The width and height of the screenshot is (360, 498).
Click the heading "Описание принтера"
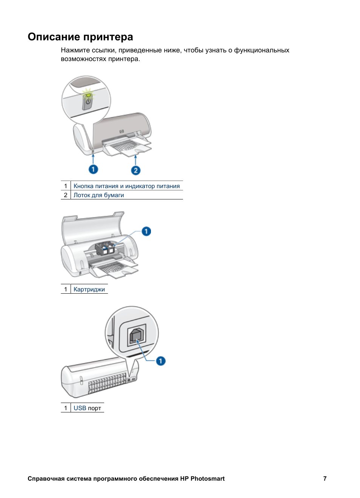click(80, 37)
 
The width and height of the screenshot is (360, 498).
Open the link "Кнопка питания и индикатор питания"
click(126, 186)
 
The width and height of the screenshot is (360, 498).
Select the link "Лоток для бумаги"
click(98, 195)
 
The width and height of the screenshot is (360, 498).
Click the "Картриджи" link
click(89, 290)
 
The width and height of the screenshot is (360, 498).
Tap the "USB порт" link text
click(87, 408)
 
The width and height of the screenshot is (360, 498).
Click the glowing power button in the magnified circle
click(88, 101)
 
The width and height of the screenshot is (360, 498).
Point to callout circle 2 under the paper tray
click(136, 170)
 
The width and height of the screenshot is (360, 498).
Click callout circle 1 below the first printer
click(93, 169)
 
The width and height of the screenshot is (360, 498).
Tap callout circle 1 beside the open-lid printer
click(146, 231)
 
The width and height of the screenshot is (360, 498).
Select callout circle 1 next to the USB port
click(161, 361)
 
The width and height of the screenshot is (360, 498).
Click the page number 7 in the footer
click(325, 479)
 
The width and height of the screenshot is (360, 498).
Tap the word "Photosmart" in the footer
click(208, 479)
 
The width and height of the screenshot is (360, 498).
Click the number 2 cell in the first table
click(66, 195)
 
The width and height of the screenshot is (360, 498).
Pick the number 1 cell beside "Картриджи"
click(66, 290)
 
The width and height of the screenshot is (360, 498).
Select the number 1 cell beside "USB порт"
click(66, 408)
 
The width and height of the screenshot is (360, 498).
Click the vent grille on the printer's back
click(106, 383)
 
